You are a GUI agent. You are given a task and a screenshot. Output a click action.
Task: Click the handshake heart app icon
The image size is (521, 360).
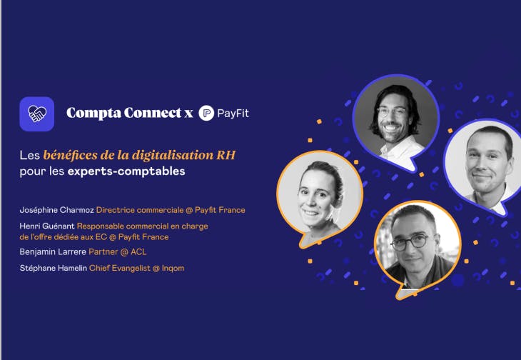point(37,114)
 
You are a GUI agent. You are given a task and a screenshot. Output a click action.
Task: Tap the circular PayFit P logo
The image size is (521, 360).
point(206,113)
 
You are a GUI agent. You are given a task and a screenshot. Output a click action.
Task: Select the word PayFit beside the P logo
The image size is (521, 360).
point(233,114)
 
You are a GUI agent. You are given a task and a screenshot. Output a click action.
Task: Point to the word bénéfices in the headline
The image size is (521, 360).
point(71,155)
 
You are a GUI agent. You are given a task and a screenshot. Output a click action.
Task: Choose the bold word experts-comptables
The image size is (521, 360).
point(126,171)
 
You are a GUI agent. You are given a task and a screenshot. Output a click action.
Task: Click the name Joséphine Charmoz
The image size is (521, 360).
point(57,210)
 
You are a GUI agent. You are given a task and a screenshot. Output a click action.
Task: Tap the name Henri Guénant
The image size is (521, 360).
point(47,226)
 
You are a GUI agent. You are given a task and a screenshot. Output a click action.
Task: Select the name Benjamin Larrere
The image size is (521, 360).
point(53,251)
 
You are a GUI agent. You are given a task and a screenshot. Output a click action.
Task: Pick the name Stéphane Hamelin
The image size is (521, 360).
point(53,268)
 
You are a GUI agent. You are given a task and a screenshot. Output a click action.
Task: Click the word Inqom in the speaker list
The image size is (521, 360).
point(173,269)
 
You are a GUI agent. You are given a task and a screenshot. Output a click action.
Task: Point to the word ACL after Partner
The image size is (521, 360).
point(138,251)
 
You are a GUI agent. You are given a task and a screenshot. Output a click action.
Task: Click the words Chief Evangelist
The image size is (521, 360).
point(120,268)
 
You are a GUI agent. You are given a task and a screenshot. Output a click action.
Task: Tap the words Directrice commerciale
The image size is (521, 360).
point(140,210)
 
